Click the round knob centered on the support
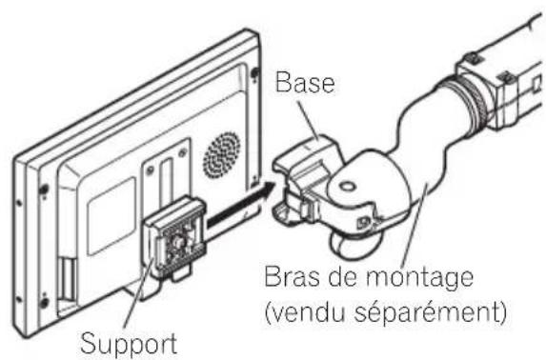(177, 243)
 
